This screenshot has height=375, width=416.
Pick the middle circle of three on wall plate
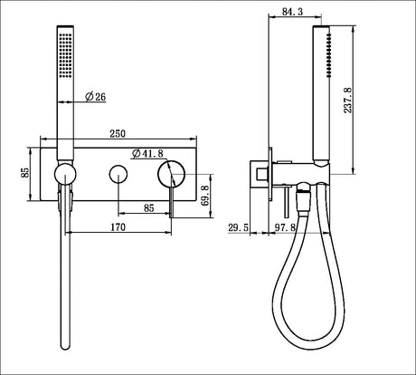tap(118, 173)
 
